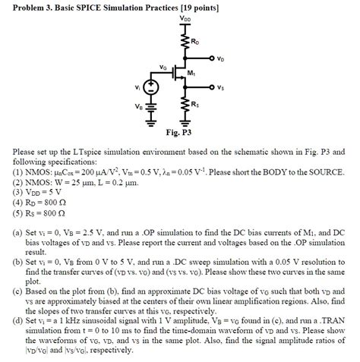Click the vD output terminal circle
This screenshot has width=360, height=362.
(213, 58)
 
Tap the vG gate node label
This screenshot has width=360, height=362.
(164, 67)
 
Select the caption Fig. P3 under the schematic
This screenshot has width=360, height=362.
(182, 134)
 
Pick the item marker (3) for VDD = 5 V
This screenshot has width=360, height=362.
(19, 193)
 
